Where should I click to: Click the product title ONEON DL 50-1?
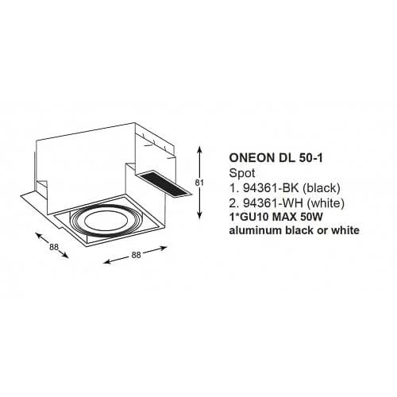[x=276, y=158]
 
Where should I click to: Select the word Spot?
[x=242, y=174]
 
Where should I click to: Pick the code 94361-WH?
[x=273, y=203]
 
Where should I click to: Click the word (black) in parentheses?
[x=321, y=188]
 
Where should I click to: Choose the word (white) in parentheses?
[x=326, y=203]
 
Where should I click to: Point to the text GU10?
[x=253, y=218]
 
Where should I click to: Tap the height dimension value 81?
[x=199, y=183]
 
